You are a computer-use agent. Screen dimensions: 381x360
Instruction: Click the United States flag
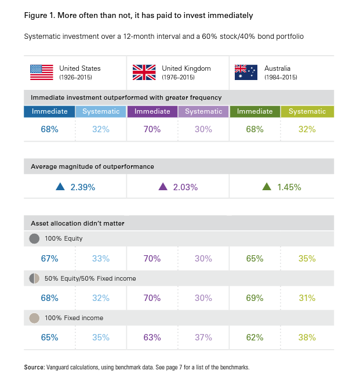41,72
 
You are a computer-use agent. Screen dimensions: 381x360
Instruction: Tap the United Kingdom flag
144,72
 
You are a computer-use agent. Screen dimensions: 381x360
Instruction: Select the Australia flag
245,72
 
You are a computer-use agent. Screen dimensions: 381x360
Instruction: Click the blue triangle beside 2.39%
59,187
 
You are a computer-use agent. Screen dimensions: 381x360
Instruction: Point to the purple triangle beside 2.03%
163,187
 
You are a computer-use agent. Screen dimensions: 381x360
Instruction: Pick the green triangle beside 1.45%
267,187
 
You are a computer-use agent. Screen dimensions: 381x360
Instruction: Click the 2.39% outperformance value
82,187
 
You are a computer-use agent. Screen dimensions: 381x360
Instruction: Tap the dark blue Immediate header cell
49,111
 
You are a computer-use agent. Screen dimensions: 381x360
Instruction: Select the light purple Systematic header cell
203,111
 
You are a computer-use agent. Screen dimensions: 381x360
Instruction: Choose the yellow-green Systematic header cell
307,111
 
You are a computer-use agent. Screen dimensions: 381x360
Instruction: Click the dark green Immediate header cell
254,111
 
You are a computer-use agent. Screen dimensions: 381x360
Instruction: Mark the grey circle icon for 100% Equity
34,238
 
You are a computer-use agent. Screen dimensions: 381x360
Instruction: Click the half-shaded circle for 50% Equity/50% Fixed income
34,278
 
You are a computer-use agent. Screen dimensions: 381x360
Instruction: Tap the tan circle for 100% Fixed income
34,318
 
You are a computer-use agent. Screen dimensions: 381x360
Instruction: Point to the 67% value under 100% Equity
49,259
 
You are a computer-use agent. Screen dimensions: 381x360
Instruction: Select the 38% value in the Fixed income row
307,338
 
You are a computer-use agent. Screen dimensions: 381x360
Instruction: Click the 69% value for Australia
254,298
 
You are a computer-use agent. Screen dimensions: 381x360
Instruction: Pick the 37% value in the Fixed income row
203,338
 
